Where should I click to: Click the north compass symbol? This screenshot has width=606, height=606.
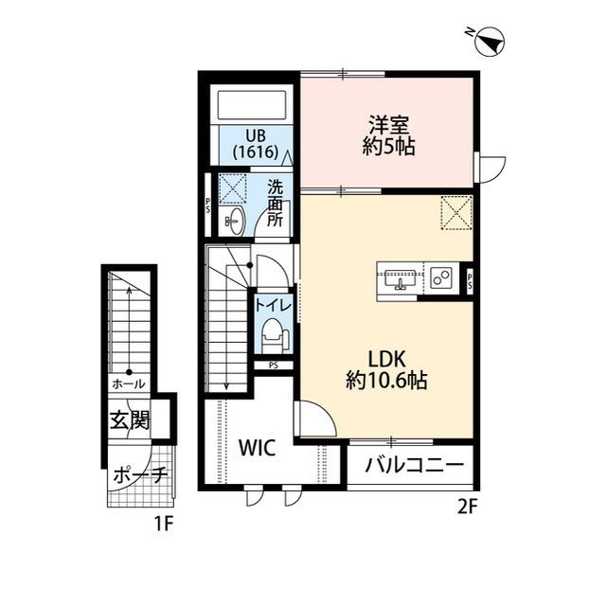click(x=487, y=41)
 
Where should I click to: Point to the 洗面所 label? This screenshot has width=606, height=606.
click(x=275, y=203)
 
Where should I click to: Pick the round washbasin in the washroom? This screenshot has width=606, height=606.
click(x=236, y=223)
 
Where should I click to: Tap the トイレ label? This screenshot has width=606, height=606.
click(x=273, y=305)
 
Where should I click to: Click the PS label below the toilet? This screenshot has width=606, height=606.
click(x=273, y=365)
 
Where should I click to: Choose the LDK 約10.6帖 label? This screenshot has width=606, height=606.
click(x=386, y=370)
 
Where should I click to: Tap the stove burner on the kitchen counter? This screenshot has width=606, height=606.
click(x=440, y=278)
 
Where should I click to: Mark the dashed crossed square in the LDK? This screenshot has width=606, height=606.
click(x=456, y=210)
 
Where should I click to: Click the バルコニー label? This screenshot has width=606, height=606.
click(x=414, y=467)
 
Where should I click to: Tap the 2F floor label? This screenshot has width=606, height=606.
click(x=466, y=506)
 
